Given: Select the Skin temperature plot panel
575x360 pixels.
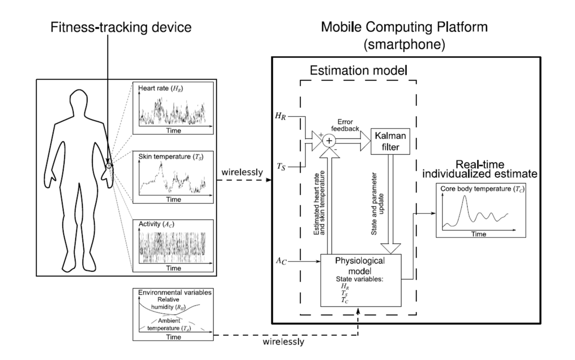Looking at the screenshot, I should [x=173, y=177].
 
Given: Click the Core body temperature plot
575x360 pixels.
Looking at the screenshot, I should [x=479, y=211].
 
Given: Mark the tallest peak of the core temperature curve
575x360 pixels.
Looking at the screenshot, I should [x=463, y=197].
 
